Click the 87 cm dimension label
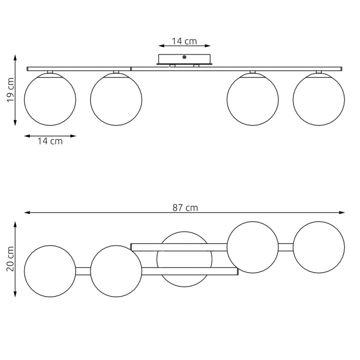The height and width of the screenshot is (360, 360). coord(185,208)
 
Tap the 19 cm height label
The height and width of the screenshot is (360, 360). coord(11,90)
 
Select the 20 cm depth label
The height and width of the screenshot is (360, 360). coord(11,259)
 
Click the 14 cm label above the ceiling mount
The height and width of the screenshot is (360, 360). coord(184,41)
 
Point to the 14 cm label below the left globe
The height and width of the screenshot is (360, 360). coord(50,141)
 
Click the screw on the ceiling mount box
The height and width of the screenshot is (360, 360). coord(184,57)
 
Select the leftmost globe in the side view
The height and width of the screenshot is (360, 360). coord(50,99)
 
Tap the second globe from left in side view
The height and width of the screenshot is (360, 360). coord(116,99)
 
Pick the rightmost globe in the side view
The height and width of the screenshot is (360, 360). coord(319,99)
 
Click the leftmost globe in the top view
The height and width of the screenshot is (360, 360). coord(50,271)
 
